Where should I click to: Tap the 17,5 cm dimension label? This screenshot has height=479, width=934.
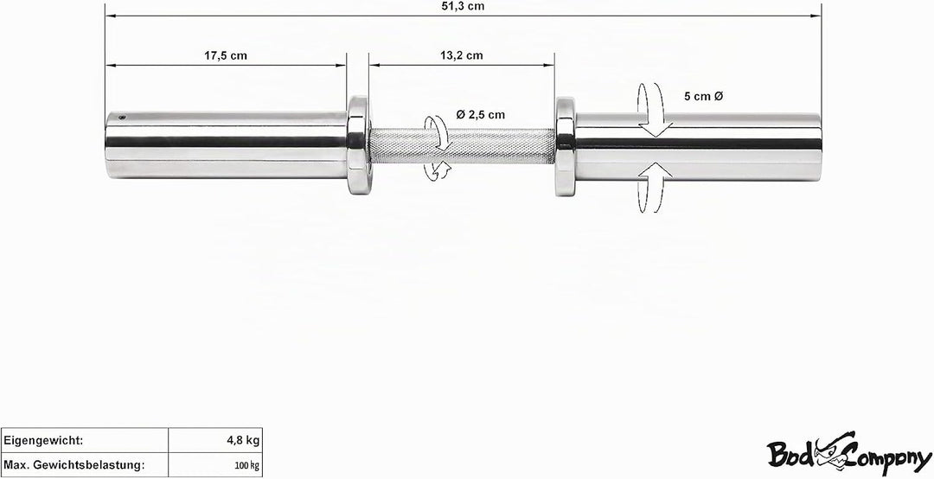pos(225,56)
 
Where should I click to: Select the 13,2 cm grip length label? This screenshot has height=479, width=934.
pos(462,56)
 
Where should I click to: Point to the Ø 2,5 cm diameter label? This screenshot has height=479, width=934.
pos(481,115)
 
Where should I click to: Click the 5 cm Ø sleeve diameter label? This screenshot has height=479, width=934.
pos(703,97)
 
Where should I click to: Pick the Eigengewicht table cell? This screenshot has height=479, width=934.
pos(85,441)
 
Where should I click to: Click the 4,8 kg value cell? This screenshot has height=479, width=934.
pos(215,441)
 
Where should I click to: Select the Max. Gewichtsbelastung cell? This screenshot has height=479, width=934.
pos(85,464)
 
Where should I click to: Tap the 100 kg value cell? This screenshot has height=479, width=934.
pos(215,464)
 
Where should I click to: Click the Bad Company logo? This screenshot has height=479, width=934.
pos(849,454)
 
